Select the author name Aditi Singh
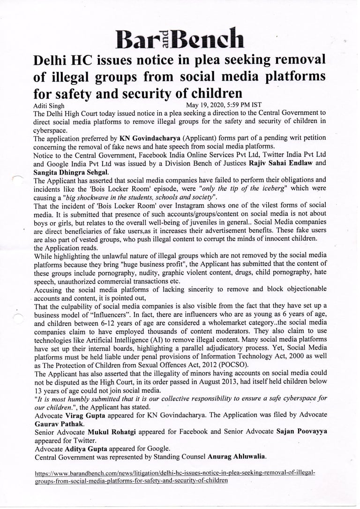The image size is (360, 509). click(x=52, y=106)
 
